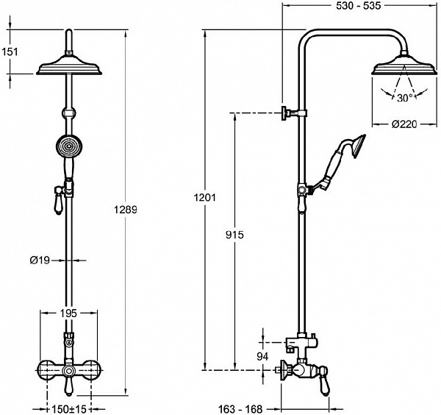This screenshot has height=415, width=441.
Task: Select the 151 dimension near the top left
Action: click(10, 52)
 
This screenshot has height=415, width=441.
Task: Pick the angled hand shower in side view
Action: click(342, 158)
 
